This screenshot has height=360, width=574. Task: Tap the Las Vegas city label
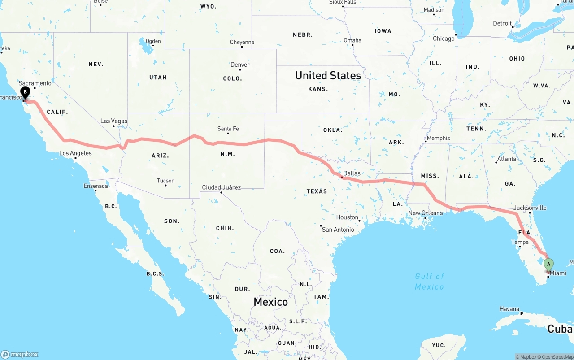pyautogui.click(x=113, y=121)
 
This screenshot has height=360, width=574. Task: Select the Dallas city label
pyautogui.click(x=352, y=173)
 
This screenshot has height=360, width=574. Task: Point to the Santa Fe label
pyautogui.click(x=228, y=129)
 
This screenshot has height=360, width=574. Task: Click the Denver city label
pyautogui.click(x=240, y=65)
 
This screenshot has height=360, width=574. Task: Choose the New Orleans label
pyautogui.click(x=425, y=213)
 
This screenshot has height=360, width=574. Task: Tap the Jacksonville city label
pyautogui.click(x=530, y=208)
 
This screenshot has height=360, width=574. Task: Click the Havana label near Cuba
pyautogui.click(x=509, y=309)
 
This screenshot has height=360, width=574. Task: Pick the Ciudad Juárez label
pyautogui.click(x=221, y=187)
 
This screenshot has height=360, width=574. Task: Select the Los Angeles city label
pyautogui.click(x=75, y=153)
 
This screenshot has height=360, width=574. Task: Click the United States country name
pyautogui.click(x=328, y=75)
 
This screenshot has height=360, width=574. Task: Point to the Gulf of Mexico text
pyautogui.click(x=429, y=282)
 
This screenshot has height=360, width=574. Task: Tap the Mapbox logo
pyautogui.click(x=20, y=354)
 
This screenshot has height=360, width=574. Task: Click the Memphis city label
pyautogui.click(x=438, y=138)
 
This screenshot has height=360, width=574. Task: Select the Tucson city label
pyautogui.click(x=165, y=181)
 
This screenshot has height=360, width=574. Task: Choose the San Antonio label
pyautogui.click(x=338, y=230)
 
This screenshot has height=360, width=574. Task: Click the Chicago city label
pyautogui.click(x=444, y=39)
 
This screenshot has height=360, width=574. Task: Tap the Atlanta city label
pyautogui.click(x=506, y=159)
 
